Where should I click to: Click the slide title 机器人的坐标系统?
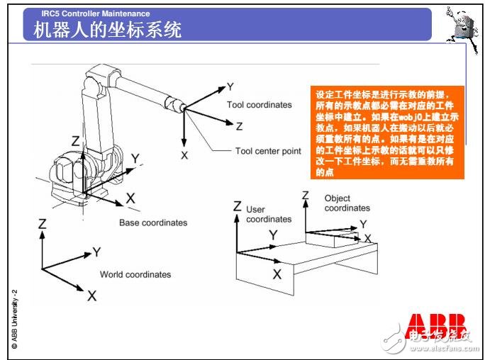[107, 30]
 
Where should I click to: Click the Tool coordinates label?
[259, 105]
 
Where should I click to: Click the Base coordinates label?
[153, 223]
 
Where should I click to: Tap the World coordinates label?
[135, 274]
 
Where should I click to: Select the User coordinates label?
[268, 214]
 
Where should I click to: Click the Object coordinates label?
[347, 203]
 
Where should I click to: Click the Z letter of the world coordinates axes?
[43, 223]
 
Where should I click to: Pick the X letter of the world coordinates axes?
[91, 296]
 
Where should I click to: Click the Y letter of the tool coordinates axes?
[230, 87]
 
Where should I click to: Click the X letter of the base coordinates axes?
[130, 199]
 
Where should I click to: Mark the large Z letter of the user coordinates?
[238, 207]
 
